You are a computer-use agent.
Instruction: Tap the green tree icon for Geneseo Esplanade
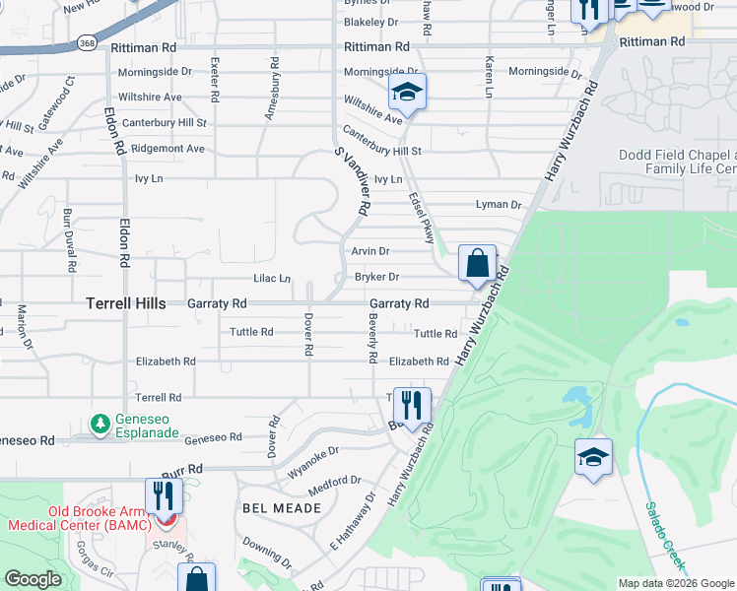click(x=100, y=424)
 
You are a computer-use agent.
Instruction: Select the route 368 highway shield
click(x=87, y=43)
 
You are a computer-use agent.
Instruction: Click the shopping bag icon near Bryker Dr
click(x=477, y=263)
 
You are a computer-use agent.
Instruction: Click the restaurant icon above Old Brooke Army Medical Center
click(x=164, y=495)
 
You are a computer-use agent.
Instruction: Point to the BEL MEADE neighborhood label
click(x=283, y=507)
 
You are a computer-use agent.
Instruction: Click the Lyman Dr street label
click(x=498, y=205)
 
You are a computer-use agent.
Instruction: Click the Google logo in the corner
click(x=33, y=579)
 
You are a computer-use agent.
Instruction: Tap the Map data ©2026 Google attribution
click(x=675, y=583)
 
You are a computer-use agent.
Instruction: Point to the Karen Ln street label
click(x=489, y=77)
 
